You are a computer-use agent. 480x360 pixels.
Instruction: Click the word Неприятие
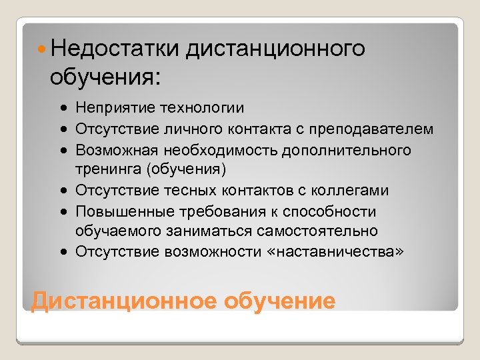click(109, 107)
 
